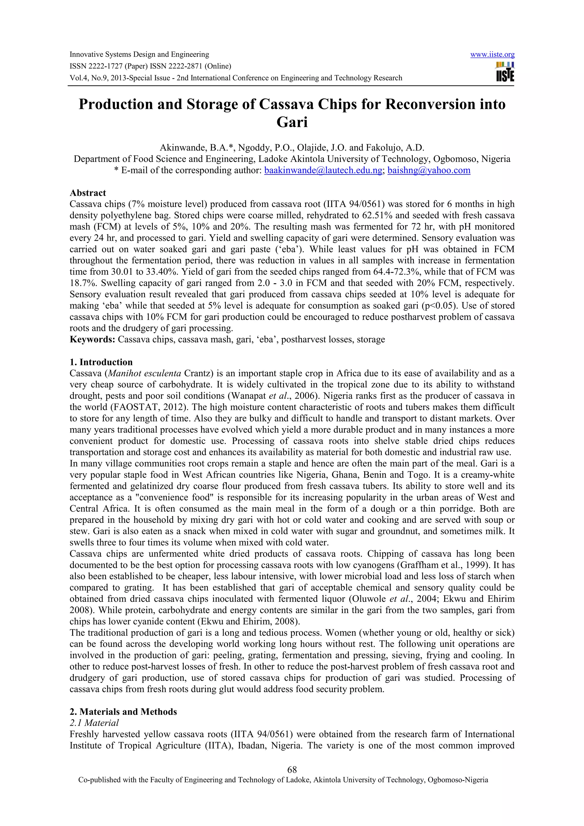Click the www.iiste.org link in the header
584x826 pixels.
tap(492, 55)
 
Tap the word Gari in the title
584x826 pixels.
tap(292, 122)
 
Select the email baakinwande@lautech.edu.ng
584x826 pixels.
tap(323, 170)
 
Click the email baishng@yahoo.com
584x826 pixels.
tap(429, 170)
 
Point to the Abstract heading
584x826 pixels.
tap(88, 193)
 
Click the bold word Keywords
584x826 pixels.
tap(92, 339)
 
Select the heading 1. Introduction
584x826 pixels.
tap(101, 362)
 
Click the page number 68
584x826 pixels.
tap(292, 770)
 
